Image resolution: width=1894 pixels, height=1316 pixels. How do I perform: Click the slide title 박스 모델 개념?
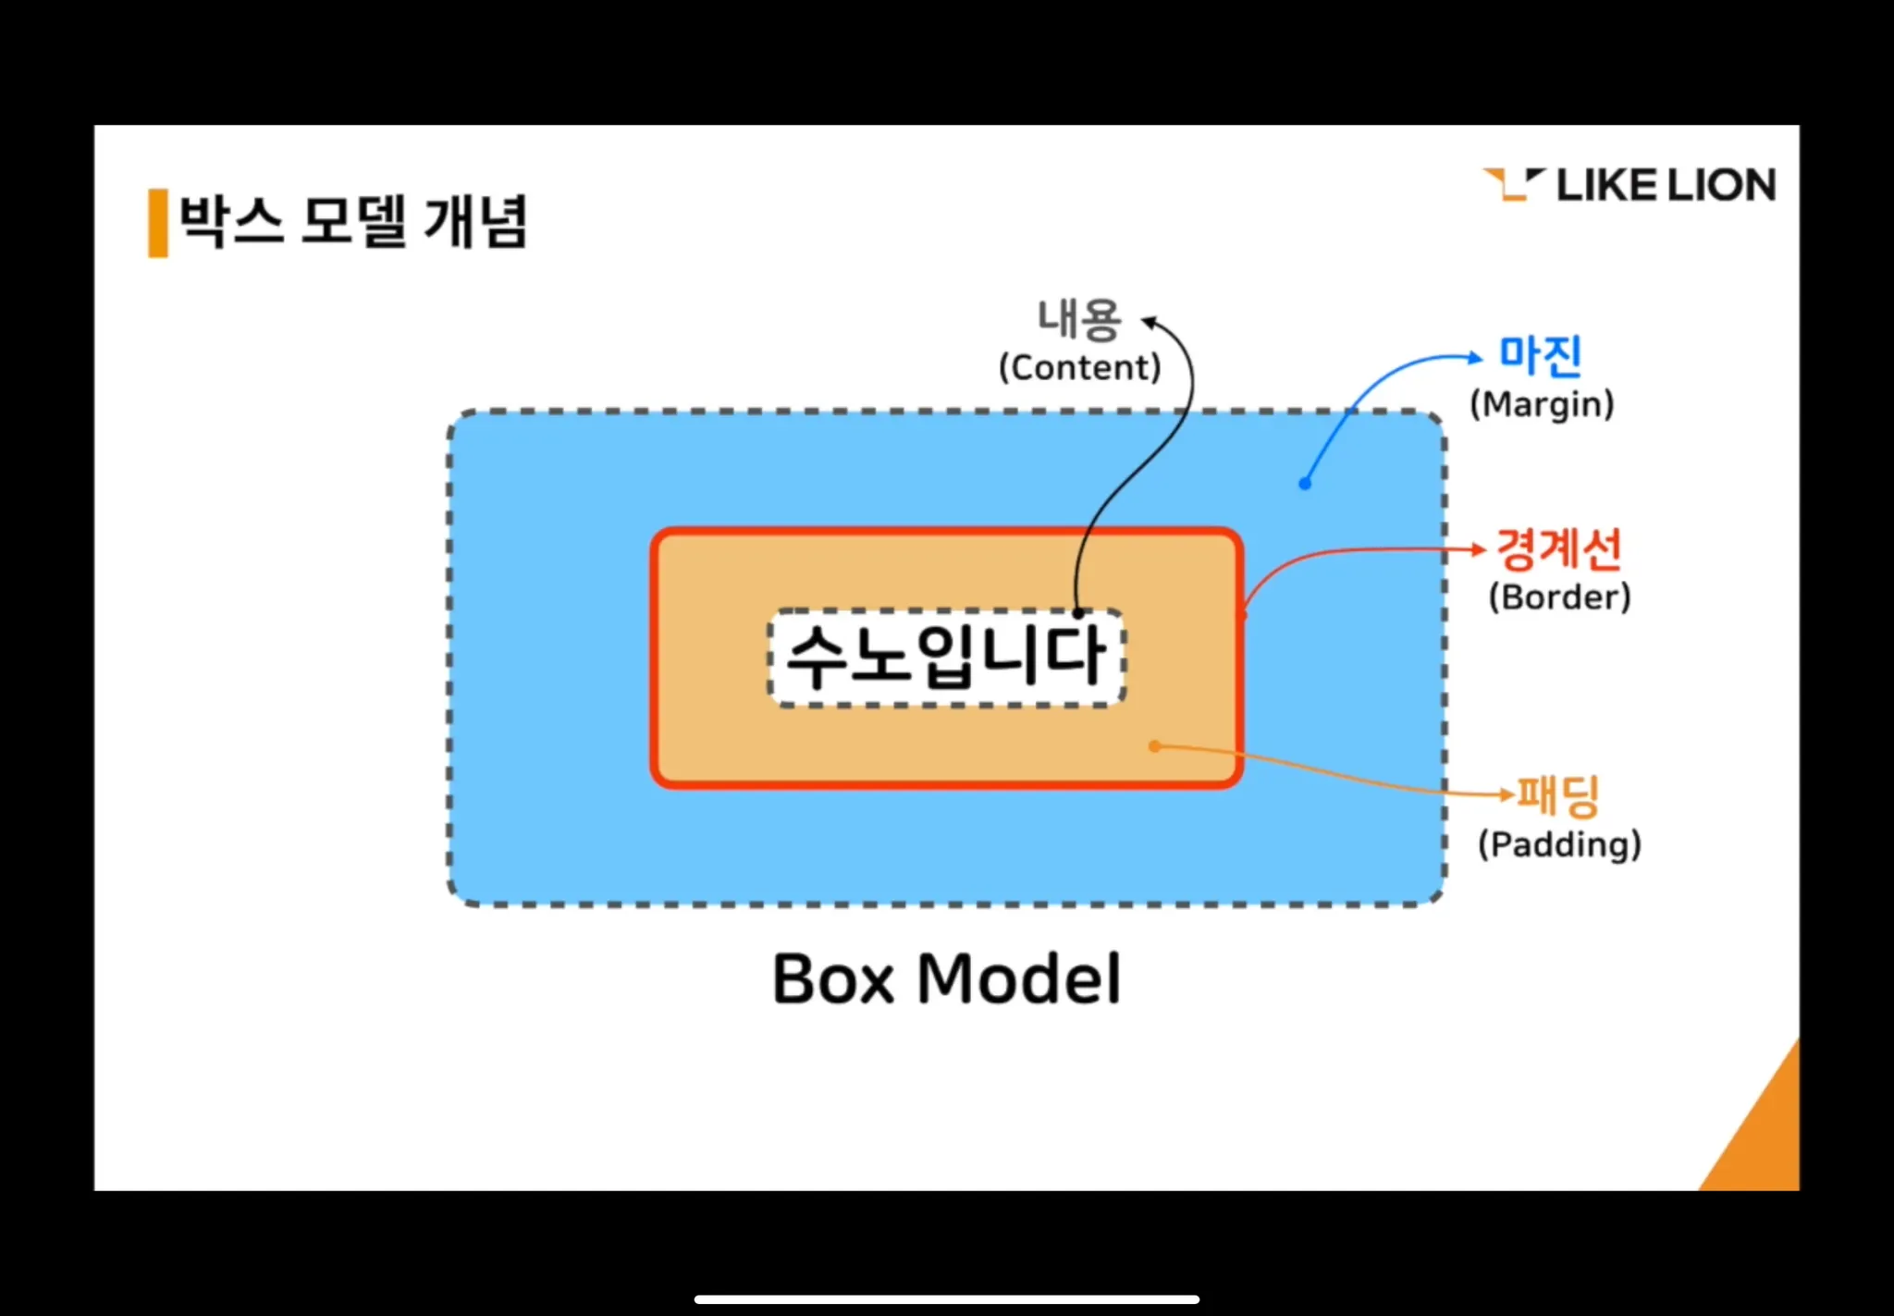352,222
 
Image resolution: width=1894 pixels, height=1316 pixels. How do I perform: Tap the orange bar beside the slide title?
158,222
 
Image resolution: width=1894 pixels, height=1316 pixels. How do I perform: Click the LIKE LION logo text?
1665,185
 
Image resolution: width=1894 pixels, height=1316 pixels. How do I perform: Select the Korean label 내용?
1079,320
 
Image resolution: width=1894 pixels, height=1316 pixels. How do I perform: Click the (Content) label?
1079,368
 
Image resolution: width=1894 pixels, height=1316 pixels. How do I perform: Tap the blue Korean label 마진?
1540,355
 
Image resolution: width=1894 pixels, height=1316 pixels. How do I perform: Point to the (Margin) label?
1542,404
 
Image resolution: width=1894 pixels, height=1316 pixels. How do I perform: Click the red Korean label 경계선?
1559,548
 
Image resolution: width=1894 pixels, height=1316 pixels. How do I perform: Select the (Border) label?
1559,597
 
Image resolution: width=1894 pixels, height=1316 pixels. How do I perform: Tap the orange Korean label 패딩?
1559,794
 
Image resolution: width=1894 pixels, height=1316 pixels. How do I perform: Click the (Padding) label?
1559,844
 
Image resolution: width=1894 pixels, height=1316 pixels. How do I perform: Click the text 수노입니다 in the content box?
945,657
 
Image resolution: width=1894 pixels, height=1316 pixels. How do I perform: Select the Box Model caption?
946,978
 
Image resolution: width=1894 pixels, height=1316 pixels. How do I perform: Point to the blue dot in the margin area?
1305,484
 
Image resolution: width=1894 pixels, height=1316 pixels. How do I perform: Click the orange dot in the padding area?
1154,746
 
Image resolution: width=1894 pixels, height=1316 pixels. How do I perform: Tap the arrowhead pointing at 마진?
1476,358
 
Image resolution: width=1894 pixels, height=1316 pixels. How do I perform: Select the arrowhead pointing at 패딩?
1507,793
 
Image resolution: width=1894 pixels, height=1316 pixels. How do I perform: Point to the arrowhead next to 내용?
1149,322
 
